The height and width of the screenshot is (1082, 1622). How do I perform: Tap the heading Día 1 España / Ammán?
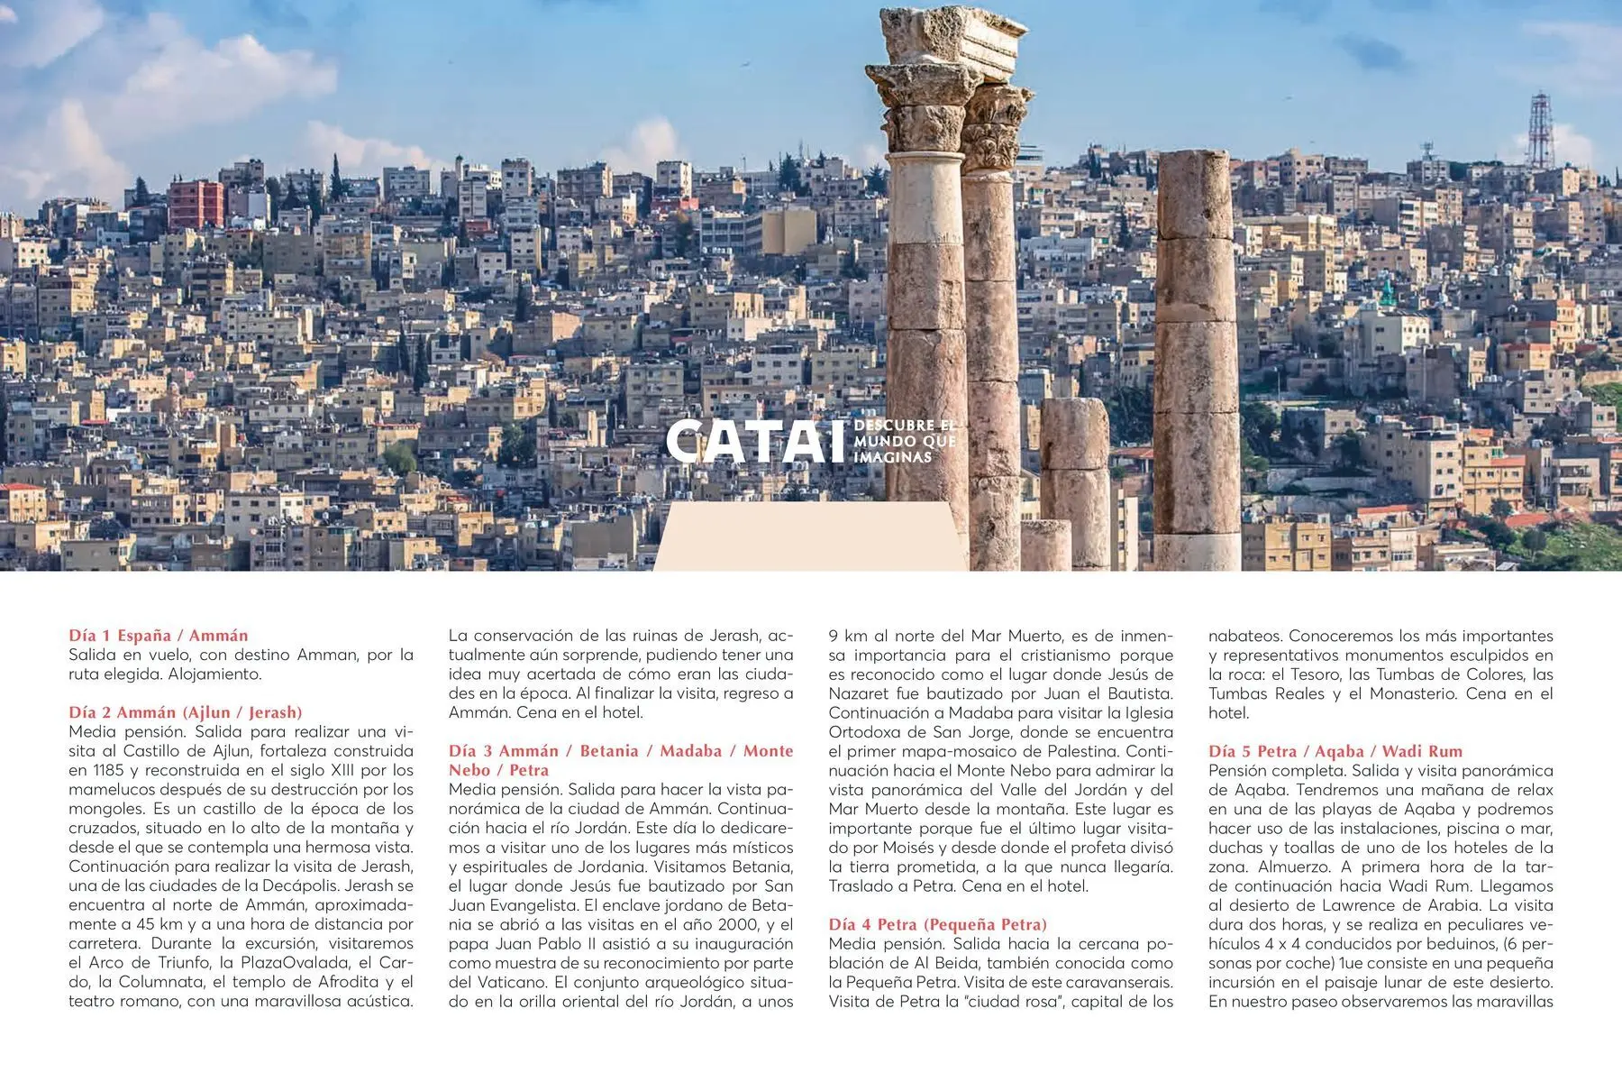pos(158,636)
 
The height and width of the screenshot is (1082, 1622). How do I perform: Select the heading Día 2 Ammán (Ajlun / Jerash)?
pos(185,712)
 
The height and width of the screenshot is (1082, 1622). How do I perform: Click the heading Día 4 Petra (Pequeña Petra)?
pos(937,924)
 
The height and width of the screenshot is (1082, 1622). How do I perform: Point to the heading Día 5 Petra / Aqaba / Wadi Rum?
pos(1335,751)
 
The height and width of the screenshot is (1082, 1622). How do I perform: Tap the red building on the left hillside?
pos(196,205)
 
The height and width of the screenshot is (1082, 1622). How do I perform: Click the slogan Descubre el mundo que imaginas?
pos(904,441)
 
